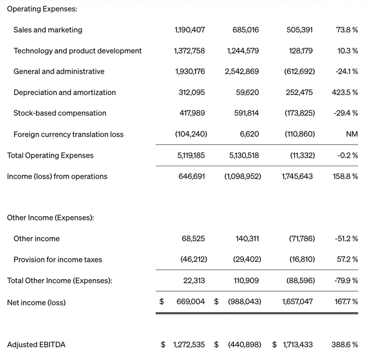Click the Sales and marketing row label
48,30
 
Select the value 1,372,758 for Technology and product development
189,51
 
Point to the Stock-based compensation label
60,113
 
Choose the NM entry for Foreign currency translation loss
352,135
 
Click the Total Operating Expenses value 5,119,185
191,156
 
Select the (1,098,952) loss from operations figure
242,177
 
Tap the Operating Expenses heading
42,9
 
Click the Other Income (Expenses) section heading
51,218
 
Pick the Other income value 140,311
247,239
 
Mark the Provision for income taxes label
58,260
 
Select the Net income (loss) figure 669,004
191,302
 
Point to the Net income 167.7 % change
346,302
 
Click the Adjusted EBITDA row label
36,345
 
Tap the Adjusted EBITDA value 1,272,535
189,345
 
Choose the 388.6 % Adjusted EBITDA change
345,345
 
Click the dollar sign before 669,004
162,302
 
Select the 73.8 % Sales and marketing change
347,30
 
